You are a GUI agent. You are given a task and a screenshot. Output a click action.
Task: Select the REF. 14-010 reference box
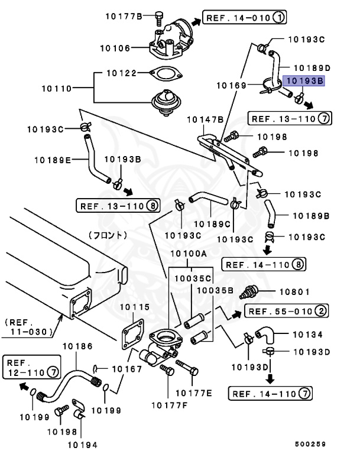pyautogui.click(x=244, y=18)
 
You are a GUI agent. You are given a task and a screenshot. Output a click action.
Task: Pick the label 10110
pyautogui.click(x=57, y=89)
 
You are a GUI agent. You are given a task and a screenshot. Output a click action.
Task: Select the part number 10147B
pyautogui.click(x=205, y=120)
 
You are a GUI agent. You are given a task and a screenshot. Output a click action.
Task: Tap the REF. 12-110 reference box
pyautogui.click(x=32, y=367)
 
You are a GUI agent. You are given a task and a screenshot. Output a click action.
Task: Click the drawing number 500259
pyautogui.click(x=311, y=444)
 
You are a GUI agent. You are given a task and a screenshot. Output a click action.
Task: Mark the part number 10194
pyautogui.click(x=82, y=444)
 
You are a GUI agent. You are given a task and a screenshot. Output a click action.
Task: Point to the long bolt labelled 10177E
pyautogui.click(x=189, y=372)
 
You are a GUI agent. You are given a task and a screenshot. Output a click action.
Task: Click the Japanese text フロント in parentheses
pyautogui.click(x=108, y=235)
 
